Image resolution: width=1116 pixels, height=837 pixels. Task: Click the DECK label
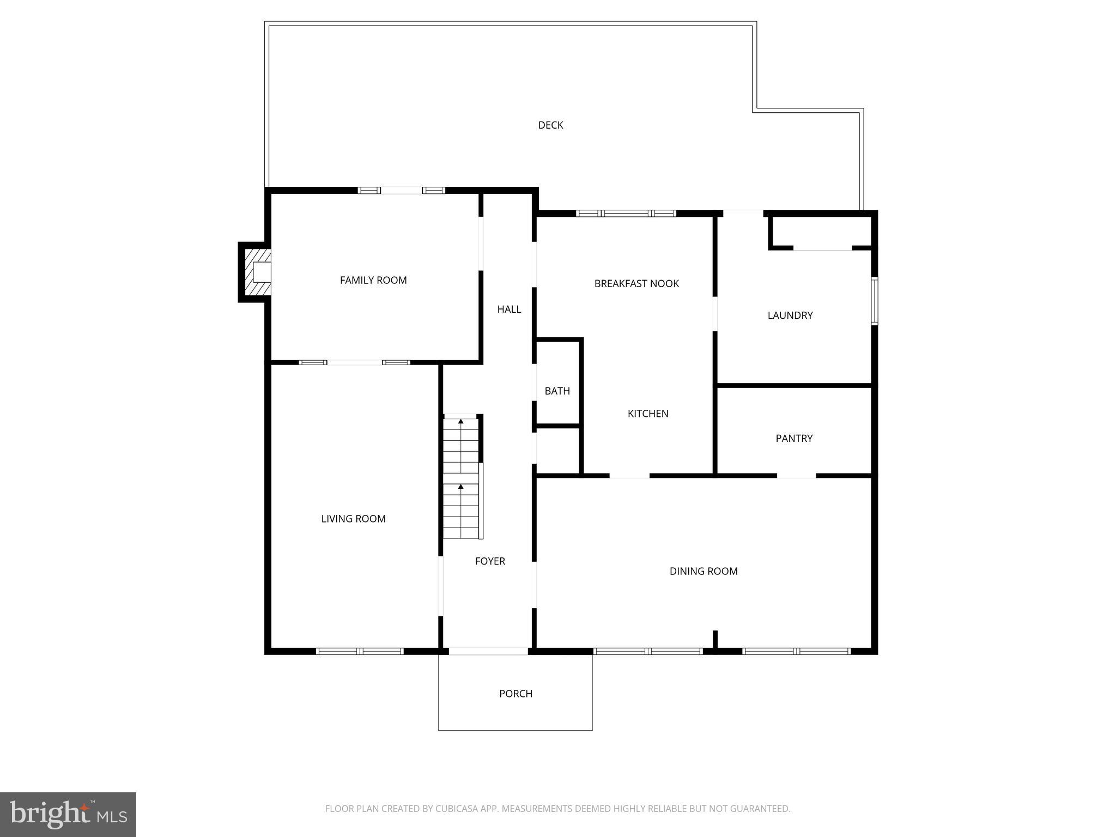550,125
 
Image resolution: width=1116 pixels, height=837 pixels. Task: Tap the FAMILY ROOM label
373,280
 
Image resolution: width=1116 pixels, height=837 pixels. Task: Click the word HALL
509,310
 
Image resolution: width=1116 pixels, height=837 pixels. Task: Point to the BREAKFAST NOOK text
636,283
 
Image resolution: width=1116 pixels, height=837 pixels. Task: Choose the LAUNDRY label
790,316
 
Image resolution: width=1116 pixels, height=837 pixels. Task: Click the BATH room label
557,391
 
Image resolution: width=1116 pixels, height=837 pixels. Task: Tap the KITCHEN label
648,414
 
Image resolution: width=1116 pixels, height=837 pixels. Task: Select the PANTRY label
794,439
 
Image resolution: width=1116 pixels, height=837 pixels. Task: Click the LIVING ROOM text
353,519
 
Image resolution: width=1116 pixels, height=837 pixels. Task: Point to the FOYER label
490,561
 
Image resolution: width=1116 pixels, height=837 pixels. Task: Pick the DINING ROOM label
703,571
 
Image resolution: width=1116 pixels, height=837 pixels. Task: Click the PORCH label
515,694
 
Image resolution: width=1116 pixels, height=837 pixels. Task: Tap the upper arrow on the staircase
461,421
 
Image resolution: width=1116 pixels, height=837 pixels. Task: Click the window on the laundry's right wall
874,301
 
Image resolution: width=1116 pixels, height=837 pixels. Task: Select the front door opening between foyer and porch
488,651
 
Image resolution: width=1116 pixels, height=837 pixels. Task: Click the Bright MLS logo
68,814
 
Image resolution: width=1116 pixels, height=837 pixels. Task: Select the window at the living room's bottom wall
360,651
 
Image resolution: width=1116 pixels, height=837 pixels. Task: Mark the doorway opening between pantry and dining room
796,476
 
